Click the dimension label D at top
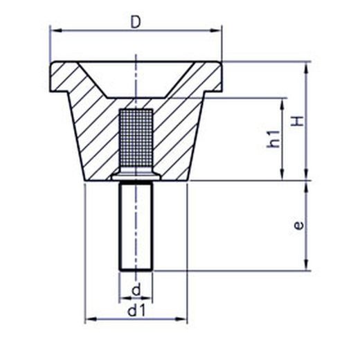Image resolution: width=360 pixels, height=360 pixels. click(x=136, y=22)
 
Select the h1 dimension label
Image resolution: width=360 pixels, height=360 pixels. click(x=273, y=138)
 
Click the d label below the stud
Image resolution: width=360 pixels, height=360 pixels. click(x=136, y=290)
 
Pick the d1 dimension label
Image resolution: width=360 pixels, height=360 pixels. click(x=136, y=312)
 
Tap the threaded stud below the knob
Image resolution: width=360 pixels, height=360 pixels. click(x=136, y=226)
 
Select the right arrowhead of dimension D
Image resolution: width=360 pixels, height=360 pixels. click(x=215, y=30)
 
